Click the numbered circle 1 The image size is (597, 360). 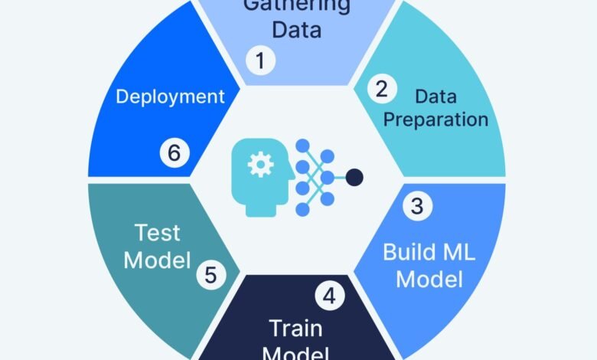(260, 61)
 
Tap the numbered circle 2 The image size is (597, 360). (380, 89)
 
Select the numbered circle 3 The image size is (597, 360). (417, 205)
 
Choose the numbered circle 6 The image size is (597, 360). (175, 152)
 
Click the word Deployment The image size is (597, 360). (170, 97)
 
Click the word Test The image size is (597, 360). (157, 232)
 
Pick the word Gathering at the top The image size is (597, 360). (297, 6)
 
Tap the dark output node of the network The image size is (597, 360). (354, 178)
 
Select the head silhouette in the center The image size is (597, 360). (263, 175)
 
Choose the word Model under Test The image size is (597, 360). (157, 260)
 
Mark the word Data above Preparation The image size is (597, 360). (436, 97)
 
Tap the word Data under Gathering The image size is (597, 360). (297, 31)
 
